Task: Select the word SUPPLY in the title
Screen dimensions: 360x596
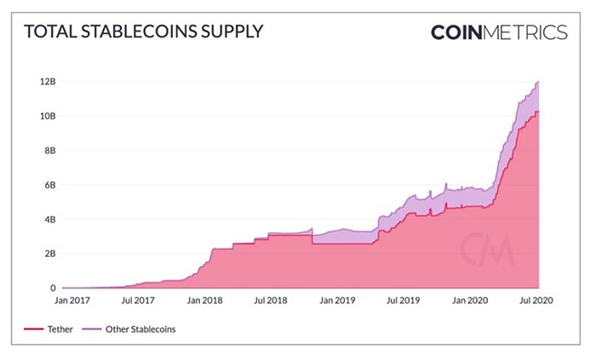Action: tap(230, 32)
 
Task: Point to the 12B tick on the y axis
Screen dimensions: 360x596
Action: tap(47, 82)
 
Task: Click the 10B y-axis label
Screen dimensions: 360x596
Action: tap(47, 116)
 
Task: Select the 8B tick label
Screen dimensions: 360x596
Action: tap(49, 151)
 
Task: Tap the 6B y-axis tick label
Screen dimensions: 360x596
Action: tap(49, 185)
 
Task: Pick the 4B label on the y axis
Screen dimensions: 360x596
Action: tap(49, 220)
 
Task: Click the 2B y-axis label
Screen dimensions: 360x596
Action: tap(49, 254)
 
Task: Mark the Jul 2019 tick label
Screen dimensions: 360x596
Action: tap(403, 300)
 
